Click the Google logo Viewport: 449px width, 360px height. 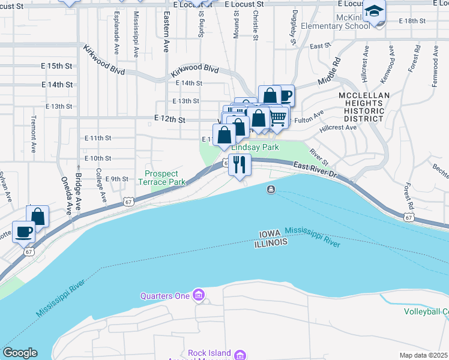20,353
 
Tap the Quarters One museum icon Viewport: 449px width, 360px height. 199,295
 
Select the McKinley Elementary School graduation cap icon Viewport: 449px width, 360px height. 375,12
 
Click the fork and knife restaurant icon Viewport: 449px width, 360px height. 240,164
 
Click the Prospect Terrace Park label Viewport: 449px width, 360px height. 161,178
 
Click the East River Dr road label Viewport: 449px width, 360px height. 316,170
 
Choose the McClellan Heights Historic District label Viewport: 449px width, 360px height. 364,107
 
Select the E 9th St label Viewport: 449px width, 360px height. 117,179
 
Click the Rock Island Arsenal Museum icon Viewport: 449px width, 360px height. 240,355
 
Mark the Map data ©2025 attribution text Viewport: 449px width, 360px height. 423,355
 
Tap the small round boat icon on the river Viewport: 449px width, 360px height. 271,190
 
